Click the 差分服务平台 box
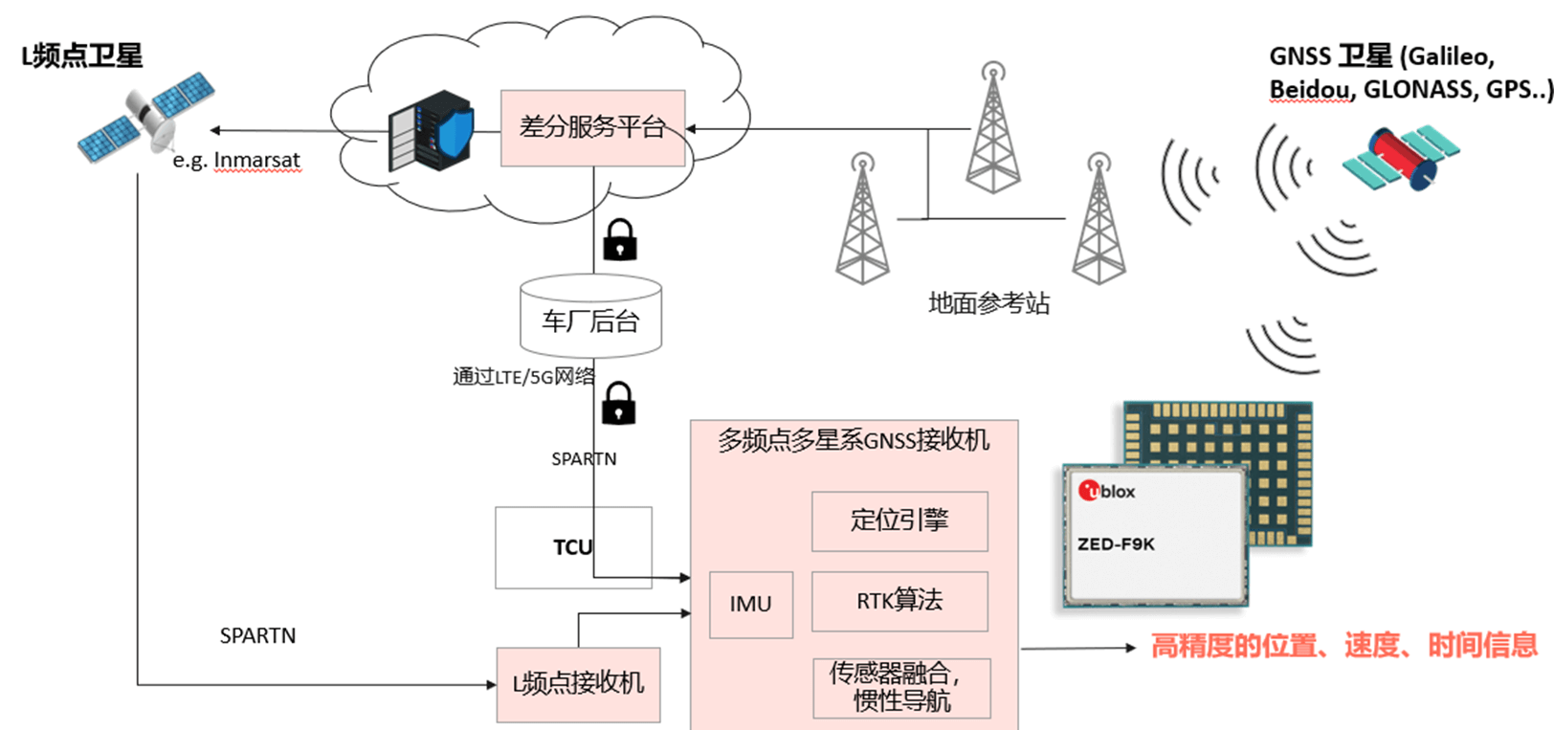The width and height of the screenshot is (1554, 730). (592, 127)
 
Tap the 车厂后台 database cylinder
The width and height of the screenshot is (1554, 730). (590, 320)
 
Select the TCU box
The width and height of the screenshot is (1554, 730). (572, 547)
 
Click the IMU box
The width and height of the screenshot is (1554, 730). (750, 604)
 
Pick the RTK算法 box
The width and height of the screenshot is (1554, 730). (899, 601)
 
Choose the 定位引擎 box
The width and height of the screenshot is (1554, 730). (899, 520)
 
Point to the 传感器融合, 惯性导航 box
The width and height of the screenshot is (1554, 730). (900, 687)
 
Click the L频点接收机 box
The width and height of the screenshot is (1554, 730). (578, 683)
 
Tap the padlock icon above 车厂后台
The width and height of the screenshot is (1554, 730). (620, 240)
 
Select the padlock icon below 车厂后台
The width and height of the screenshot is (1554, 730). (618, 403)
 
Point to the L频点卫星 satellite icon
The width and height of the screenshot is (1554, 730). (146, 118)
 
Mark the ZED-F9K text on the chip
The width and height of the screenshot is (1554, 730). (1116, 544)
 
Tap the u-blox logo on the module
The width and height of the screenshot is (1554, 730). (1107, 492)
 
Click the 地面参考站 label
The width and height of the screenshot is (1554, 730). (988, 304)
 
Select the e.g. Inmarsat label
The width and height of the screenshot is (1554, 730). (236, 161)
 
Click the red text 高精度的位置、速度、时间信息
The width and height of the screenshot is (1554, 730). (1343, 646)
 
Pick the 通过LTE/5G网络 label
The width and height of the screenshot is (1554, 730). (523, 377)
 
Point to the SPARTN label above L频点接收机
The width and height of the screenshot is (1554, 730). (257, 635)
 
